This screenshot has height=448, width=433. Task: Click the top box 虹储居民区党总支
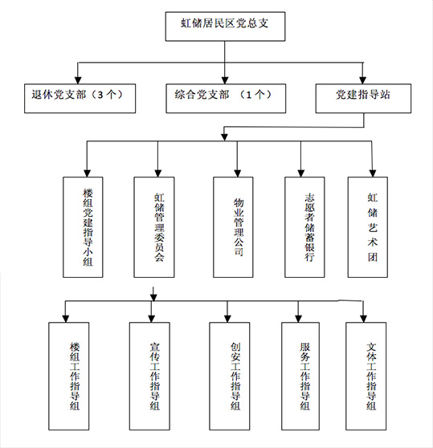[225, 26]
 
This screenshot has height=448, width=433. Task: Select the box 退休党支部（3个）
[80, 98]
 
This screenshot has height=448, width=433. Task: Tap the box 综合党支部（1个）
[226, 98]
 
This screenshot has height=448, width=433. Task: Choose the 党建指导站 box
[363, 98]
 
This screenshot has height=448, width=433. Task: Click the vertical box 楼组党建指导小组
[83, 227]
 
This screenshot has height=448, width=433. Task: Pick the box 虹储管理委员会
[154, 227]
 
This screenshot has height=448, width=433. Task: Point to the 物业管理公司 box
[233, 227]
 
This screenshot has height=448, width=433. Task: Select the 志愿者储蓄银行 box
[304, 227]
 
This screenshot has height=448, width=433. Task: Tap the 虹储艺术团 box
[368, 227]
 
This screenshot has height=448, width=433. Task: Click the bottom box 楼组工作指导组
[68, 377]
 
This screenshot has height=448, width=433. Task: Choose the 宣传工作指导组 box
[149, 377]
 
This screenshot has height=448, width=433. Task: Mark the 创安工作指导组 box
[230, 377]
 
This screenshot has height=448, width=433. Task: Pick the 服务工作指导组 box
[300, 377]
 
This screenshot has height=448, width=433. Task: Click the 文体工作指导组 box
[366, 377]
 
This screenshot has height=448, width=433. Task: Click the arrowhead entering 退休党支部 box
[78, 80]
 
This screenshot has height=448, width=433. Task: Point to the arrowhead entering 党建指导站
[362, 80]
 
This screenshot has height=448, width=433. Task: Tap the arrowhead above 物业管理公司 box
[237, 173]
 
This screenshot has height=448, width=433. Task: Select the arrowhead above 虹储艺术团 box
[373, 173]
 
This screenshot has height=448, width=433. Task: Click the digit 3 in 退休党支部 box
[100, 95]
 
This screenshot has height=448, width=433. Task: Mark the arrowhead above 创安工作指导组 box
[227, 319]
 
